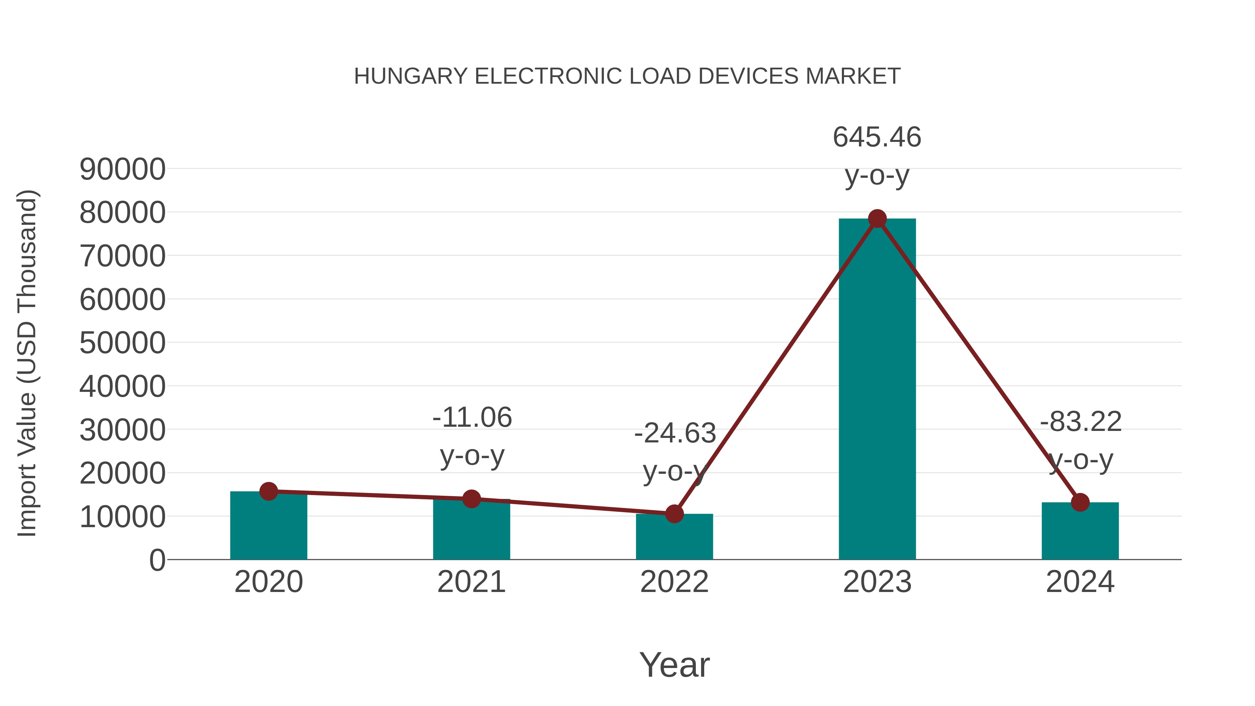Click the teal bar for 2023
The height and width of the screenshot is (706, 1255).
pos(877,390)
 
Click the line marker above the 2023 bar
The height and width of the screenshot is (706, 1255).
pos(877,219)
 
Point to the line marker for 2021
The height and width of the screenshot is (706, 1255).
pos(472,499)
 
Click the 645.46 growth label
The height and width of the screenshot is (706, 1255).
pos(877,137)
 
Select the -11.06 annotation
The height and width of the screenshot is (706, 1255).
pos(472,418)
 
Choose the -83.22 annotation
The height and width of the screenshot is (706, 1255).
pos(1081,422)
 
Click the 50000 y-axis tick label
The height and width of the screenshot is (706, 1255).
pos(122,343)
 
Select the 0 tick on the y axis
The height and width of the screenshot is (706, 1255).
pos(157,560)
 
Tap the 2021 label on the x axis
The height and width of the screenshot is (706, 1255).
pos(472,582)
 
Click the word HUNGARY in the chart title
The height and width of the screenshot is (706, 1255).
pos(411,76)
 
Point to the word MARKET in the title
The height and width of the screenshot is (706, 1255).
pos(853,76)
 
